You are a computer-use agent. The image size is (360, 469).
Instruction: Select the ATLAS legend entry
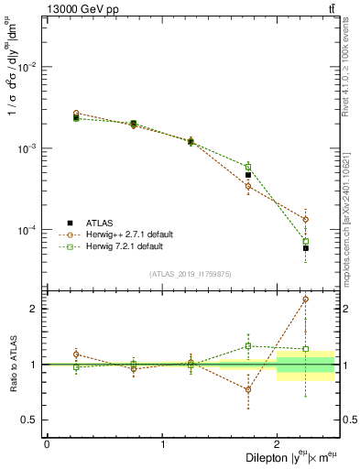pyautogui.click(x=101, y=223)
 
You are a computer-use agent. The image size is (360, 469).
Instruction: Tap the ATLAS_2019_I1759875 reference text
pyautogui.click(x=191, y=273)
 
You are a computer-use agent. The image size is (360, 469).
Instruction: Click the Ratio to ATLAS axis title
pyautogui.click(x=12, y=364)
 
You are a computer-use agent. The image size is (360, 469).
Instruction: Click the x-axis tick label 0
pyautogui.click(x=47, y=444)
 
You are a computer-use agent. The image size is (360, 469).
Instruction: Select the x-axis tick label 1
pyautogui.click(x=162, y=444)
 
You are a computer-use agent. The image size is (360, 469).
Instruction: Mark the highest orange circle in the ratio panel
pyautogui.click(x=306, y=299)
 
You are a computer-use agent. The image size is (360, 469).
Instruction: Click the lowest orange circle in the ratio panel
pyautogui.click(x=248, y=389)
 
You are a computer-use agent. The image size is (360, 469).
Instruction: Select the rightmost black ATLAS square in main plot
pyautogui.click(x=306, y=248)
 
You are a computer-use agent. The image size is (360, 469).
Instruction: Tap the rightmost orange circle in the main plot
pyautogui.click(x=306, y=220)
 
